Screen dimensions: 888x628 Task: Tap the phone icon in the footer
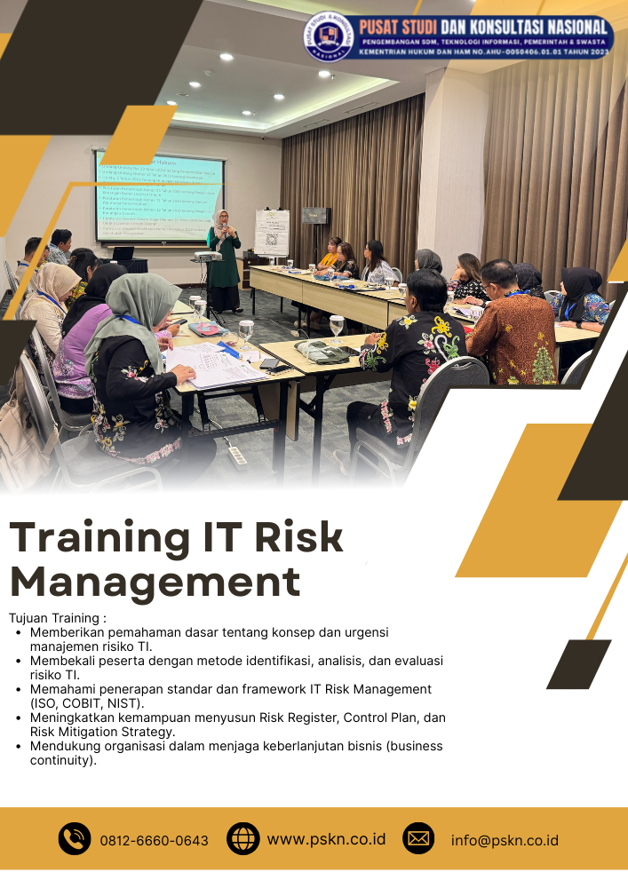[x=75, y=838]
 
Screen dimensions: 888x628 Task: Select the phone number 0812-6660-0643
[x=155, y=840]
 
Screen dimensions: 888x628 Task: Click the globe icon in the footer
[x=242, y=838]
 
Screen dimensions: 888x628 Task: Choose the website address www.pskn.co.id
[x=326, y=838]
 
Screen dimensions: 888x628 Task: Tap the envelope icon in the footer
[x=418, y=838]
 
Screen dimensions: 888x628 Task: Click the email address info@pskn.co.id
[x=505, y=840]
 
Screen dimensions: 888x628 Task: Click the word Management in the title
[x=155, y=583]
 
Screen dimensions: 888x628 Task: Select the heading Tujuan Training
[x=58, y=617]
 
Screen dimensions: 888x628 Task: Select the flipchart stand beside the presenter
[x=271, y=233]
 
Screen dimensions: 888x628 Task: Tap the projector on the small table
[x=207, y=256]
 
